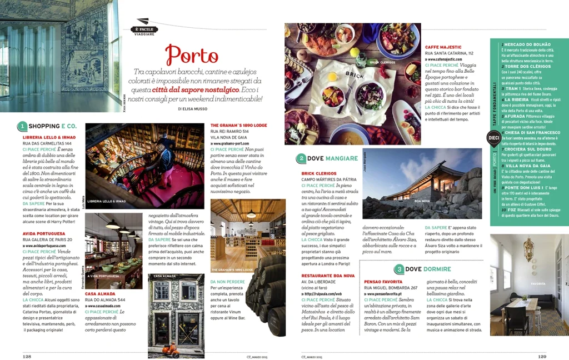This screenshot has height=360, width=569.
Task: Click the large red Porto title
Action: (192, 56)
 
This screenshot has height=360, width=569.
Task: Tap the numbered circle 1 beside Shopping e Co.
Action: (22, 127)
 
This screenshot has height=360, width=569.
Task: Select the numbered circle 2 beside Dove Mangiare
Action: (301, 158)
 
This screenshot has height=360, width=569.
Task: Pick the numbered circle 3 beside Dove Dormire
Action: (399, 269)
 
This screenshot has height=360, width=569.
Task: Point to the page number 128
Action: (26, 357)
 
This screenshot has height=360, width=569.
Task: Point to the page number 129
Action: (542, 357)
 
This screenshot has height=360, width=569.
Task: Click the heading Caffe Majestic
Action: (445, 47)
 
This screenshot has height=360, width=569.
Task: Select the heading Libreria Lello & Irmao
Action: (49, 137)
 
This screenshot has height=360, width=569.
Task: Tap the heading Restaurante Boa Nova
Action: (328, 276)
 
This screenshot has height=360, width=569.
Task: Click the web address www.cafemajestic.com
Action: (448, 59)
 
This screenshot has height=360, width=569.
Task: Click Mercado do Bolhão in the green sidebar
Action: (527, 44)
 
